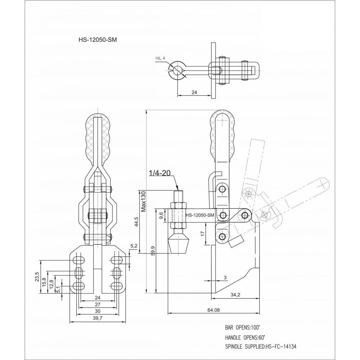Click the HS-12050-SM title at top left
pyautogui.click(x=98, y=40)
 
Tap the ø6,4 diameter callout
pyautogui.click(x=160, y=58)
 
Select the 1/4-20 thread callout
pyautogui.click(x=160, y=173)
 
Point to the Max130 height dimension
pyautogui.click(x=144, y=201)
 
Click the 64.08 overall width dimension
pyautogui.click(x=213, y=310)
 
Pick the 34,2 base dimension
pyautogui.click(x=235, y=295)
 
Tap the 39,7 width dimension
pyautogui.click(x=98, y=318)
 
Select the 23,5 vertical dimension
pyautogui.click(x=38, y=276)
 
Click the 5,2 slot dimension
pyautogui.click(x=134, y=246)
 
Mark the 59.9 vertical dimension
pyautogui.click(x=153, y=251)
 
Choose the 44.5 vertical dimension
pyautogui.click(x=136, y=222)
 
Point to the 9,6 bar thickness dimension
pyautogui.click(x=161, y=215)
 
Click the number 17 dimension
pyautogui.click(x=202, y=234)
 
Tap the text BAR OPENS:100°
pyautogui.click(x=243, y=328)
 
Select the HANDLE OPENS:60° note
pyautogui.click(x=245, y=338)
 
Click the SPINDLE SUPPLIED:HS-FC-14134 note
pyautogui.click(x=261, y=346)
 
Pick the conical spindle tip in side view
pyautogui.click(x=179, y=246)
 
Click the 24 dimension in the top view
pyautogui.click(x=194, y=92)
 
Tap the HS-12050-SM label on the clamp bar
pyautogui.click(x=200, y=215)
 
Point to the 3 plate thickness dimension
pyautogui.click(x=225, y=278)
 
